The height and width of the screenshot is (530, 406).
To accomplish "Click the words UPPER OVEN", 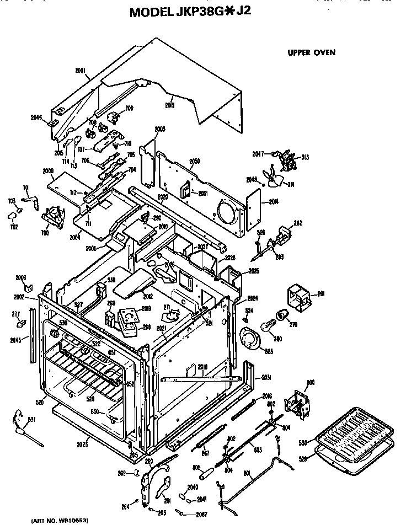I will click(311, 53).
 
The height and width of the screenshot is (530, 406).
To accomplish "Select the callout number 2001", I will click(81, 70).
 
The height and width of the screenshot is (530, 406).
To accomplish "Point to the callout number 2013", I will click(169, 105).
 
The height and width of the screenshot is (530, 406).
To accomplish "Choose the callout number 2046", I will click(36, 117).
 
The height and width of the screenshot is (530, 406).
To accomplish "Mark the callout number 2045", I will click(17, 340).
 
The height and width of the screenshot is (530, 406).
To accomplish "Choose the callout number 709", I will click(130, 108).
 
